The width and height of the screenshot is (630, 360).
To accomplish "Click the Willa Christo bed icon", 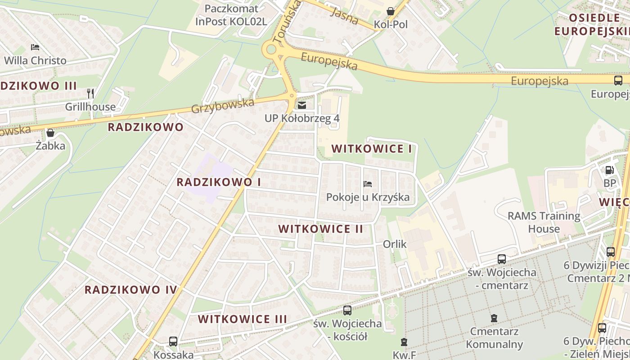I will [35, 47].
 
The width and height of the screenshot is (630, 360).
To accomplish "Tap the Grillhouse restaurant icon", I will [90, 94].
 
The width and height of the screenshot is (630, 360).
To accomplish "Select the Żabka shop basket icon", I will [50, 133].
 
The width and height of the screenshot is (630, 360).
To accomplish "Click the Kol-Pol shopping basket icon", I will [390, 11].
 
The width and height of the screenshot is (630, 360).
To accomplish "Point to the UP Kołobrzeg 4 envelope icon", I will [301, 105].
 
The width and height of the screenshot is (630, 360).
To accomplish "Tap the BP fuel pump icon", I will [609, 170].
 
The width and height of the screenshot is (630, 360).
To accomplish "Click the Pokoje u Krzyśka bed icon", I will [368, 184].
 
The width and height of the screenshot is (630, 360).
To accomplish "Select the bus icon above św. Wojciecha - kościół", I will [347, 310].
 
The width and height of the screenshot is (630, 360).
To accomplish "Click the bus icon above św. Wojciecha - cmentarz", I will [502, 259].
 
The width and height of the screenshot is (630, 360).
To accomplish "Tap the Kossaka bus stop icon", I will [173, 342].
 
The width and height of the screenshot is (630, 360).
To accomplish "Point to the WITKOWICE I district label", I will [371, 149].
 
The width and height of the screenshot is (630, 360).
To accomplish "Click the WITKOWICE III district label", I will [243, 319].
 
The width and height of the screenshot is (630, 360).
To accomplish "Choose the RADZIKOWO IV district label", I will [131, 289].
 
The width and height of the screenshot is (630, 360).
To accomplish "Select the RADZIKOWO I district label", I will [219, 182].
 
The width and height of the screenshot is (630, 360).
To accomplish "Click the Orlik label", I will [395, 244].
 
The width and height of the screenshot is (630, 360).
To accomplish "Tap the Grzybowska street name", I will [222, 106].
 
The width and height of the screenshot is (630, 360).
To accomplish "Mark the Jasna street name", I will [344, 17].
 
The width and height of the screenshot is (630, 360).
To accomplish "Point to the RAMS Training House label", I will [544, 222].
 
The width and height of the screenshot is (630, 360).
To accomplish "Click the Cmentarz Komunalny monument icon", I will [494, 318].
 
